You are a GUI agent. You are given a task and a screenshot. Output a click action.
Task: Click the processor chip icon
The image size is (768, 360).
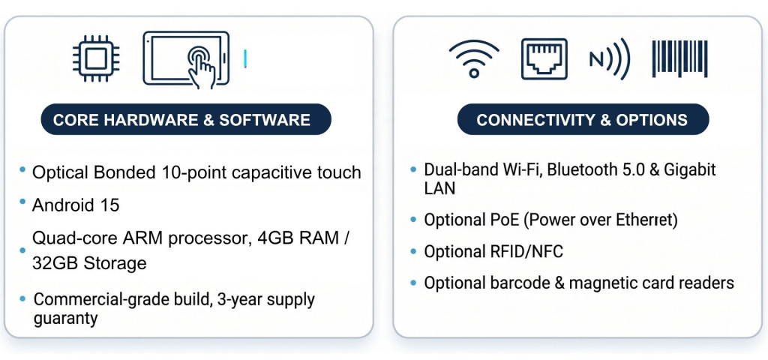(x=96, y=58)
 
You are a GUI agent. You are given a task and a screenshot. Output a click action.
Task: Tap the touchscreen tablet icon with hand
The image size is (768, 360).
(x=186, y=59)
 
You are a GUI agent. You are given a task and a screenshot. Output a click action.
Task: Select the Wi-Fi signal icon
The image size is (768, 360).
(x=474, y=58)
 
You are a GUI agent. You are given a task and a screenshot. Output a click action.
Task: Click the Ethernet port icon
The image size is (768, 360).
(x=544, y=58)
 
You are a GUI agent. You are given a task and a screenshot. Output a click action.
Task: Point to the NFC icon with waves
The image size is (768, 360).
(x=609, y=58)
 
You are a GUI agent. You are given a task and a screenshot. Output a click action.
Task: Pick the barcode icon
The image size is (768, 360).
(x=679, y=58)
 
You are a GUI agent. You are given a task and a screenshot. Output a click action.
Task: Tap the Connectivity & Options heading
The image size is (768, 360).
(x=582, y=120)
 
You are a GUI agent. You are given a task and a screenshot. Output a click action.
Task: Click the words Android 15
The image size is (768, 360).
(x=76, y=205)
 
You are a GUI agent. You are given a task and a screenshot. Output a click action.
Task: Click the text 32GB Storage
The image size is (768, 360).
(x=89, y=263)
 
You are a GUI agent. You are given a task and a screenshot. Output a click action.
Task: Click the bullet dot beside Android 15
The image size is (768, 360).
(x=22, y=202)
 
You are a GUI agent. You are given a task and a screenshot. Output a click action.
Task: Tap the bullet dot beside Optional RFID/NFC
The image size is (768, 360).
(x=414, y=252)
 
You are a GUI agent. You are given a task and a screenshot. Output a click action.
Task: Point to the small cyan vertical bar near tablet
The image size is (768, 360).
(x=245, y=58)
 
